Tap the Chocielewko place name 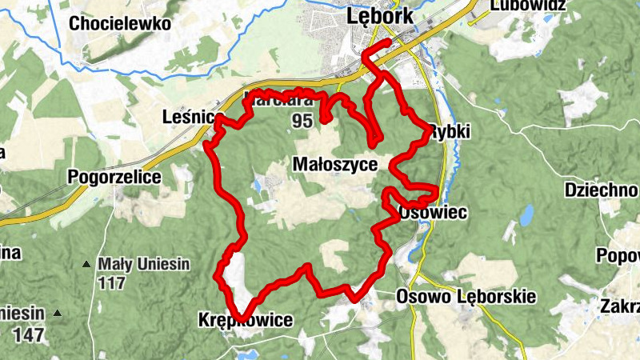pyautogui.click(x=120, y=23)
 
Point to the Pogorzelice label pyautogui.click(x=115, y=176)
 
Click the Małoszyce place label pyautogui.click(x=335, y=163)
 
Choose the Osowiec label pyautogui.click(x=431, y=213)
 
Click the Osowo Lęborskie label pyautogui.click(x=466, y=297)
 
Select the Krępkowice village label pyautogui.click(x=245, y=321)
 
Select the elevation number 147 pyautogui.click(x=28, y=334)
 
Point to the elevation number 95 pyautogui.click(x=302, y=121)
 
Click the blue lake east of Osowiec pyautogui.click(x=526, y=215)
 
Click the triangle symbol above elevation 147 pyautogui.click(x=57, y=313)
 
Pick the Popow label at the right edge pyautogui.click(x=618, y=255)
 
